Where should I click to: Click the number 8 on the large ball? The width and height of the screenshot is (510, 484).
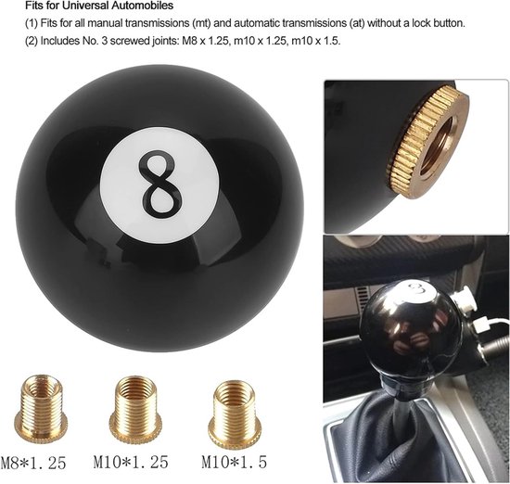(159, 185)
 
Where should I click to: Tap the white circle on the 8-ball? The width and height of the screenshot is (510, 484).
(159, 185)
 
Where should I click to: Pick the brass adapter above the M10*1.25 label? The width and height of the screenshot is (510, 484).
(135, 411)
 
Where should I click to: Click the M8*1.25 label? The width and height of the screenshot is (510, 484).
(33, 463)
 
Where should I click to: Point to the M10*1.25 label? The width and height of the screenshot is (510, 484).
(131, 462)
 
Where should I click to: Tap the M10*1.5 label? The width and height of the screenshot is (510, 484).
(235, 462)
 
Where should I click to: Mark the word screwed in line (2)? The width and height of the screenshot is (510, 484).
(131, 41)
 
